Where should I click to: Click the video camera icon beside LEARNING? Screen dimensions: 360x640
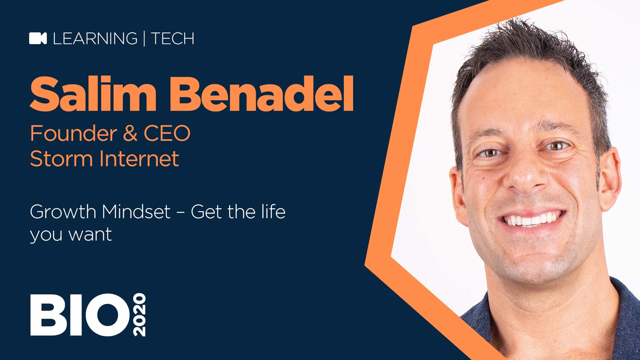pyautogui.click(x=38, y=38)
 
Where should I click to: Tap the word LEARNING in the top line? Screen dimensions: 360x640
pyautogui.click(x=95, y=38)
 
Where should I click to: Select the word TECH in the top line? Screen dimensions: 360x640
pyautogui.click(x=172, y=38)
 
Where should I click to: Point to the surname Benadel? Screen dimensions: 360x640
pyautogui.click(x=262, y=94)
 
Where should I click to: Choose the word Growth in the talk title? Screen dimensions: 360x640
pyautogui.click(x=63, y=212)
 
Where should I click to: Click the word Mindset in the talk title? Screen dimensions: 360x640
pyautogui.click(x=136, y=212)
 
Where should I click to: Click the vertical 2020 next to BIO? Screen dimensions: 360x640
pyautogui.click(x=139, y=315)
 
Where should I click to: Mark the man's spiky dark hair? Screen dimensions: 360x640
pyautogui.click(x=528, y=48)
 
